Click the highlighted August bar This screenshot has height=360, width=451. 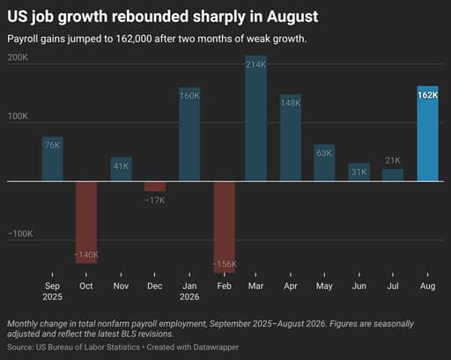(x=428, y=134)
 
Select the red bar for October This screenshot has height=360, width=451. (x=86, y=223)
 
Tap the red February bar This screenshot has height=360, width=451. (x=225, y=227)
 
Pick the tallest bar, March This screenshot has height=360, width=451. (x=256, y=119)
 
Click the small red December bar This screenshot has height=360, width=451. (x=155, y=187)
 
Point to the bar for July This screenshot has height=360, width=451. (x=393, y=175)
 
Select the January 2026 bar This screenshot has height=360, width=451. (x=189, y=135)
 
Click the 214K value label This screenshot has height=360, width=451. (x=256, y=64)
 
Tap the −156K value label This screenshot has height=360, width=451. (x=225, y=264)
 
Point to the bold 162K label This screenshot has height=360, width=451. (x=428, y=95)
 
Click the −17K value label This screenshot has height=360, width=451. (x=155, y=201)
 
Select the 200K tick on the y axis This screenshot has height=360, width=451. (x=18, y=57)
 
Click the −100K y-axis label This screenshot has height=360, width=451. (x=20, y=234)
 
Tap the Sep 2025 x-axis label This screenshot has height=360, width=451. (x=52, y=291)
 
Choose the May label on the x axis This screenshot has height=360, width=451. (x=324, y=286)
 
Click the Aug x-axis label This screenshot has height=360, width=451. (x=428, y=286)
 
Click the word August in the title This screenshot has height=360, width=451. (x=292, y=17)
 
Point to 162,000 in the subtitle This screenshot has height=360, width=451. (x=134, y=39)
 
